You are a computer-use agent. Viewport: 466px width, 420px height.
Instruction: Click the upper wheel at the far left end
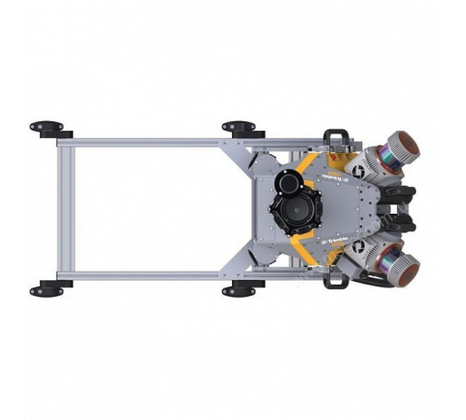[x=47, y=127]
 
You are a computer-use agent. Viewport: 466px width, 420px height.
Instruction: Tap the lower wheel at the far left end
[x=47, y=290]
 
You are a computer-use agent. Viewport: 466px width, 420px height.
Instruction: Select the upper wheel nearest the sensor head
[x=239, y=127]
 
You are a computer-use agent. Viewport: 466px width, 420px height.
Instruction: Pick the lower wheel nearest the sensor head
[x=239, y=290]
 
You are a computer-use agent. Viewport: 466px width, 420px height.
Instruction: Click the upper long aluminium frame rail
[x=149, y=143]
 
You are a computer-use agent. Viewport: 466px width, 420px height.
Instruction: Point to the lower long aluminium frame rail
[x=149, y=275]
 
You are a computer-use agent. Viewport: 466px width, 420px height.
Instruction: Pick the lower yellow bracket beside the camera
[x=303, y=247]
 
